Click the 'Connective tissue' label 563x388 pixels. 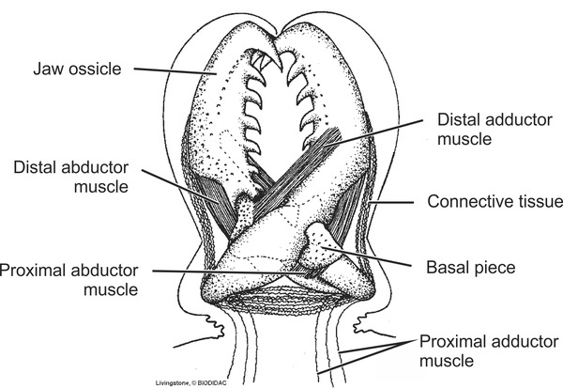click(x=494, y=202)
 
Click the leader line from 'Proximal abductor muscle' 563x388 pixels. click(x=225, y=272)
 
